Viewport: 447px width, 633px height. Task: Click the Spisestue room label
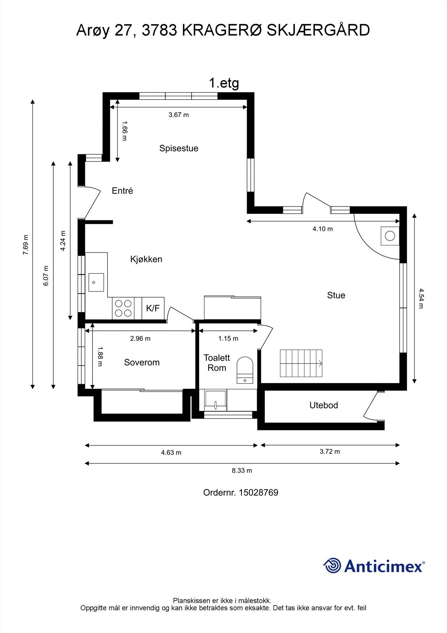(x=179, y=148)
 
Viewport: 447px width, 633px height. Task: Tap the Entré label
(x=122, y=191)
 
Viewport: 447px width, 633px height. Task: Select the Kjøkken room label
(x=146, y=259)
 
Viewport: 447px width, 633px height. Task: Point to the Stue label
(x=336, y=295)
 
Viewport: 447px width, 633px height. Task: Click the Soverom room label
(x=142, y=362)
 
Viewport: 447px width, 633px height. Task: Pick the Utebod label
(x=324, y=405)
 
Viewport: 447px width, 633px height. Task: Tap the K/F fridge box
(x=153, y=308)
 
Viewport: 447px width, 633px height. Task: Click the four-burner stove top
(x=123, y=308)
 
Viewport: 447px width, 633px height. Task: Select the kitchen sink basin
(x=96, y=282)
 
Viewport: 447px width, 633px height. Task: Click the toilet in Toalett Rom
(x=245, y=370)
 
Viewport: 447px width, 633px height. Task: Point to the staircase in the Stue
(x=301, y=363)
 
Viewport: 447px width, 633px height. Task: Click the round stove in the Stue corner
(x=390, y=236)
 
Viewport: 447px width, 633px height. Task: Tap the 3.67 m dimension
(x=179, y=115)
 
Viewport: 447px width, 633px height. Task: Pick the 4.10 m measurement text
(x=323, y=229)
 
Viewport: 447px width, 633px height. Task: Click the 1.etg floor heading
(x=224, y=83)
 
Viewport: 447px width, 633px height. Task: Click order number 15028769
(x=258, y=493)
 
